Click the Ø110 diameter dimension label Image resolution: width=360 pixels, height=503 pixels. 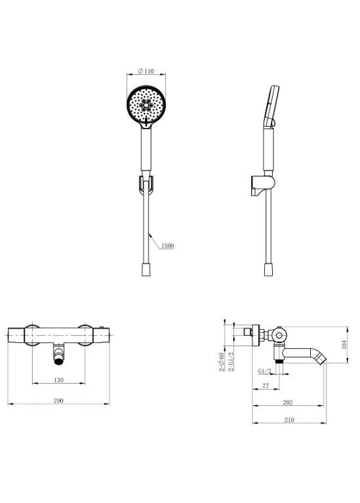click(x=146, y=71)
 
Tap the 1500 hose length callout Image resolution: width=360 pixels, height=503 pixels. click(x=167, y=246)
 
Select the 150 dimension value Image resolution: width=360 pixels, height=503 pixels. click(x=59, y=380)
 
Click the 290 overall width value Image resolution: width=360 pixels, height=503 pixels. click(x=58, y=401)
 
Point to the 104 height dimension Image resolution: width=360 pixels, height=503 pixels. click(x=344, y=344)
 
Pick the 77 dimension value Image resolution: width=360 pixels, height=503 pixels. click(x=266, y=386)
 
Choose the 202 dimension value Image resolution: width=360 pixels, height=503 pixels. click(x=288, y=403)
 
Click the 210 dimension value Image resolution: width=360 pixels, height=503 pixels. click(x=289, y=420)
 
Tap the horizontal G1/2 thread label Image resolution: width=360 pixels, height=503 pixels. click(x=265, y=371)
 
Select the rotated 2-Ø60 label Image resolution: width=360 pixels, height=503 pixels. click(x=222, y=362)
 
